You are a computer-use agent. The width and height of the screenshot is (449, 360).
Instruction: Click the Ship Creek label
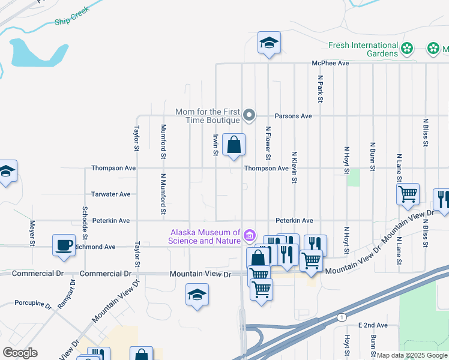click(x=71, y=16)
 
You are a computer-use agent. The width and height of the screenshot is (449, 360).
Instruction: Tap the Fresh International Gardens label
click(x=363, y=49)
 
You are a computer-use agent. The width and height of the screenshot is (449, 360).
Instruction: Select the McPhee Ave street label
click(x=330, y=63)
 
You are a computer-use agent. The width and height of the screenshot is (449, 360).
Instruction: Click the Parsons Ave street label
click(x=293, y=116)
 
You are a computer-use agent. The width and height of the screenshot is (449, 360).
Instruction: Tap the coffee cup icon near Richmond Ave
click(x=64, y=245)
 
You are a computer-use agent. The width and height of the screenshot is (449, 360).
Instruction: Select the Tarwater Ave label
click(x=110, y=194)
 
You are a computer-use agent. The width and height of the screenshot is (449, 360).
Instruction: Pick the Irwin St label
click(x=215, y=144)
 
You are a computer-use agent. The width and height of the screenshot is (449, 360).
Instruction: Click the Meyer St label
click(x=32, y=233)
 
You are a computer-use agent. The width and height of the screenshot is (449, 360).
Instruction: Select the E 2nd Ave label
click(x=373, y=325)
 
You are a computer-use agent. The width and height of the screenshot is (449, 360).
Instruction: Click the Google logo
click(x=20, y=353)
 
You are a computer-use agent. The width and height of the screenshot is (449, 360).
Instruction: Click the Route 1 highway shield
click(x=342, y=316)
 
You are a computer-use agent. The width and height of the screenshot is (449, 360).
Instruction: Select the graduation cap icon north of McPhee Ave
click(x=269, y=43)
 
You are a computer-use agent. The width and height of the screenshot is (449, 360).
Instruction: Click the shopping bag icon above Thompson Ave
click(x=234, y=145)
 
